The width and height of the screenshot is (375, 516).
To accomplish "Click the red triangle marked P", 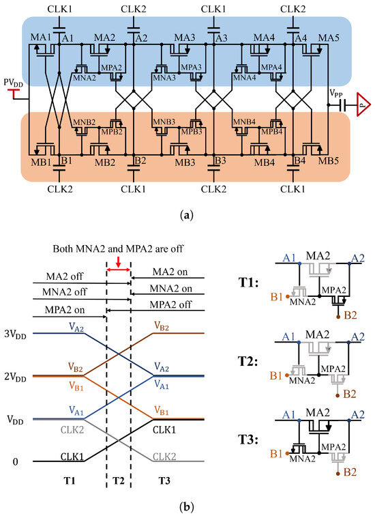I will (364, 106).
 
